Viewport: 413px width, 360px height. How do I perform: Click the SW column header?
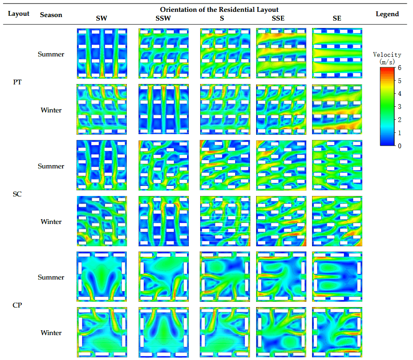[101, 18]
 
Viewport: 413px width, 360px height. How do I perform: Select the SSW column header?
[163, 18]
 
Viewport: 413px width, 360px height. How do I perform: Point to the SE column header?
[337, 18]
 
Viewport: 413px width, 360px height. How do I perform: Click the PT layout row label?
[18, 82]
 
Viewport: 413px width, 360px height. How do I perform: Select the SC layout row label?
[18, 194]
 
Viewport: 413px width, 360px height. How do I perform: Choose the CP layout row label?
[18, 305]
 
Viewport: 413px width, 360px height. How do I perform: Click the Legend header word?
[387, 14]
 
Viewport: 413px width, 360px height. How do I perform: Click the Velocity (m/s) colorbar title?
[387, 58]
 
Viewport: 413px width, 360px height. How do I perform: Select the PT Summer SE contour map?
[337, 53]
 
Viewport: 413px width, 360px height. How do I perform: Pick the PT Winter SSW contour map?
[163, 109]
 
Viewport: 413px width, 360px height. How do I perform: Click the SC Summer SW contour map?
[101, 165]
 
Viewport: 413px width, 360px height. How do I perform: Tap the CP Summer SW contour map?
[101, 276]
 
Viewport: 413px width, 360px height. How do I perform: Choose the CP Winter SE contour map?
[337, 332]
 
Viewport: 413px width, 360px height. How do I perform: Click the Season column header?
[51, 14]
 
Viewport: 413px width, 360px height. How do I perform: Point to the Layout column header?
[19, 14]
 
